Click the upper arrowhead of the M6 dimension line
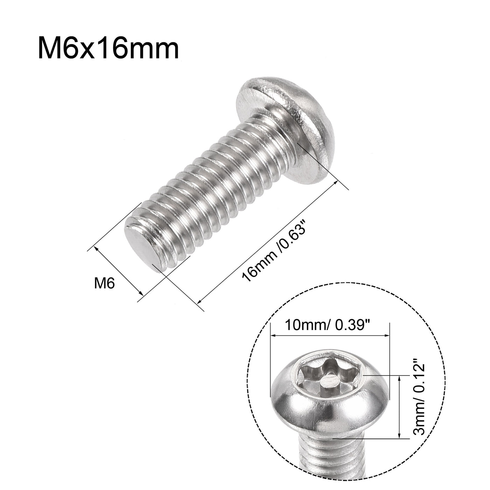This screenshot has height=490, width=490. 96,248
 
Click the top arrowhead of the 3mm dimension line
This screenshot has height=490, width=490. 399,376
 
